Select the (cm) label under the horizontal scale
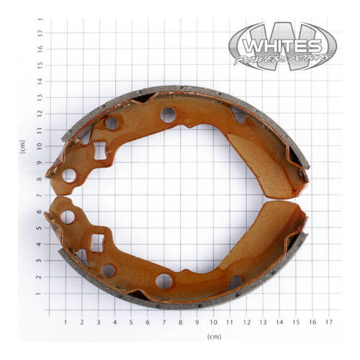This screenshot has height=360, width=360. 214,336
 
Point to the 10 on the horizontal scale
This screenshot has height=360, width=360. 214,322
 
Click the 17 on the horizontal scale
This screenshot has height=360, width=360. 329,322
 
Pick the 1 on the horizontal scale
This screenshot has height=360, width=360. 66,322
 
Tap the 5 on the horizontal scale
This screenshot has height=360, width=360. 132,322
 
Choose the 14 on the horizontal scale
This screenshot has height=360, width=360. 279,322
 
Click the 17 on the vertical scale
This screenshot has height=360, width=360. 40,31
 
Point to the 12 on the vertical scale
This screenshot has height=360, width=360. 40,113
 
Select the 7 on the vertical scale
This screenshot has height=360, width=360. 40,195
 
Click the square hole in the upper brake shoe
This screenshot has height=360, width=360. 99,151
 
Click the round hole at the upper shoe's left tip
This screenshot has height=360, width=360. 69,174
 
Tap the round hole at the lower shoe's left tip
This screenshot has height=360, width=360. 68,216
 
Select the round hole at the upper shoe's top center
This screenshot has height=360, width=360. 168,114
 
